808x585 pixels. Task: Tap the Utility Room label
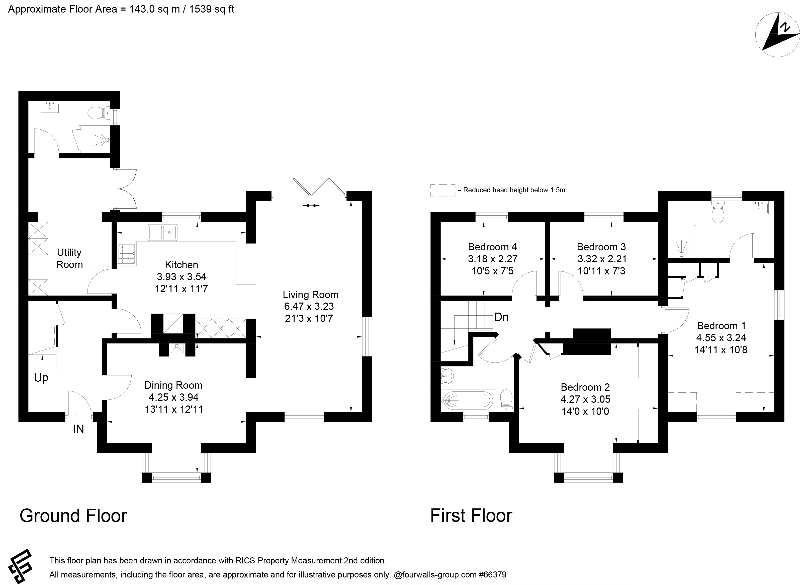69,258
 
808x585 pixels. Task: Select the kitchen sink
162,232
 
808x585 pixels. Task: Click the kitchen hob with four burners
126,254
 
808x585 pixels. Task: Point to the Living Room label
310,295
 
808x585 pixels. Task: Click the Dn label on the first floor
501,317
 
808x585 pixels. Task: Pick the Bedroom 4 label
492,247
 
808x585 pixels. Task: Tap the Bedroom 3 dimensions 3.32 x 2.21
602,259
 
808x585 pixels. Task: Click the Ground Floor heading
73,516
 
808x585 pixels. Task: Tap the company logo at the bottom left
20,565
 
